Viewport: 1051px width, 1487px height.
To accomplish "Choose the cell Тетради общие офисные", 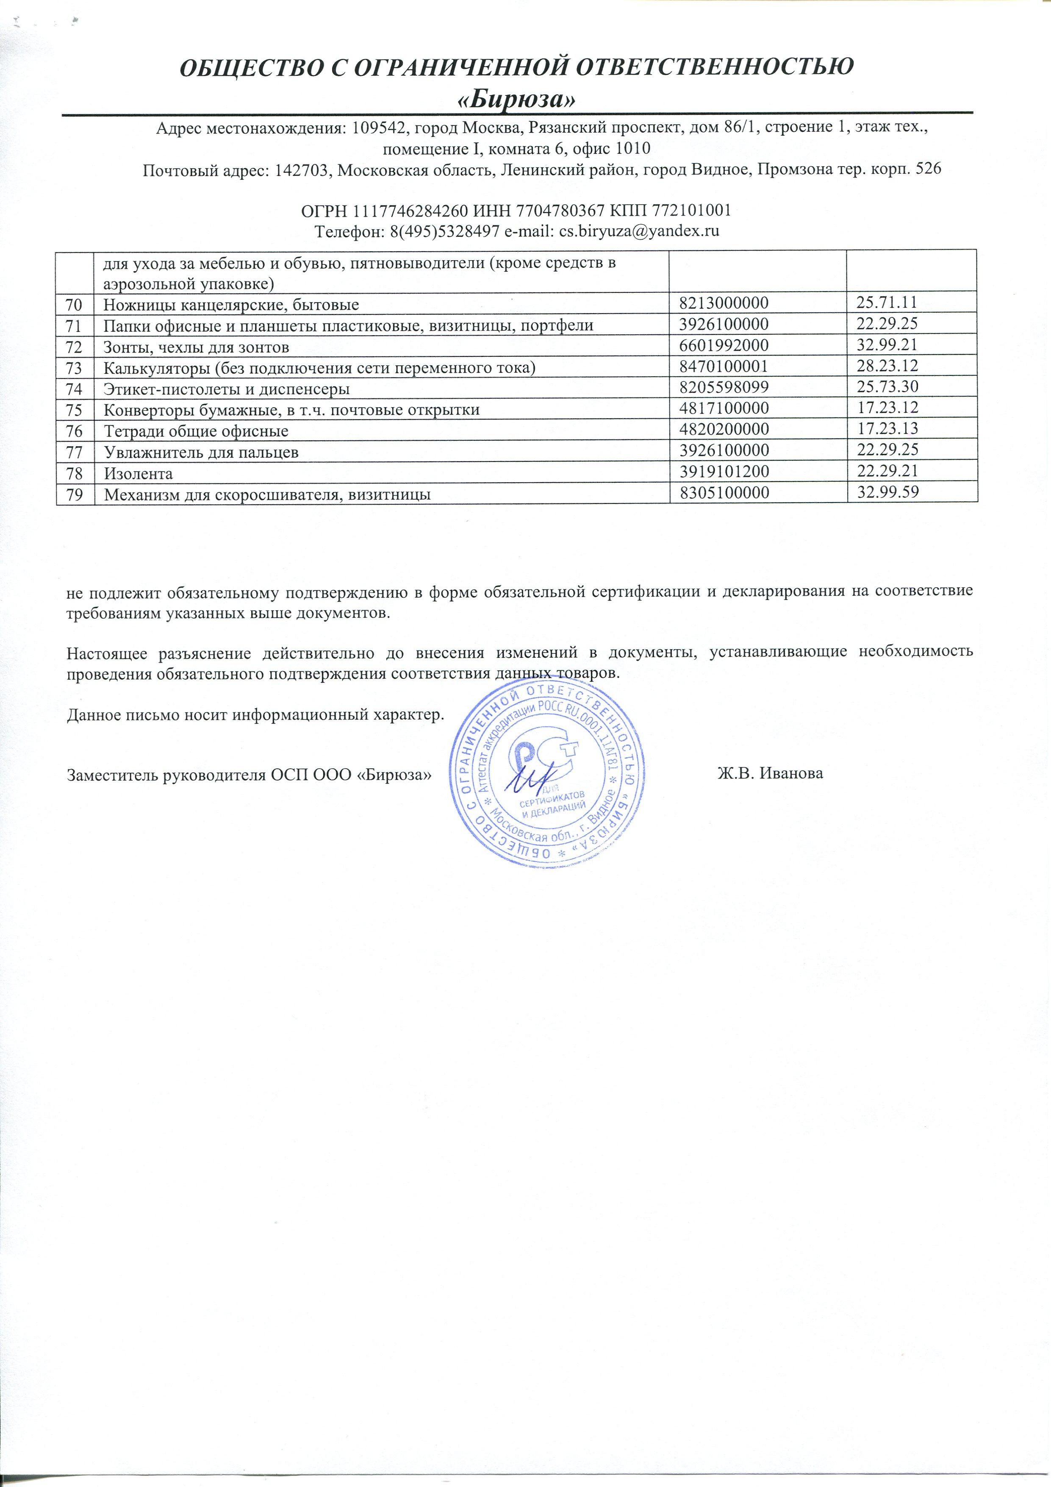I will (x=196, y=431).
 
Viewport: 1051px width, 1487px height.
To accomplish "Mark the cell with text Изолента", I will (x=139, y=473).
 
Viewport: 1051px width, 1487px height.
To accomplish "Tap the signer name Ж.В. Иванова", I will (x=770, y=773).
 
